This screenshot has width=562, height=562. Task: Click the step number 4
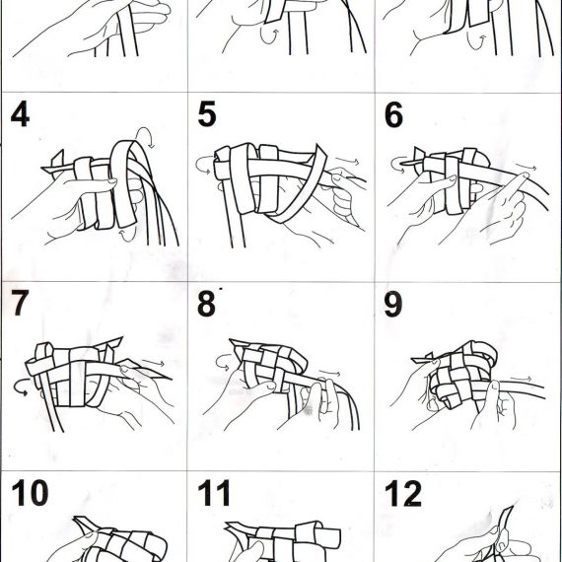point(20,114)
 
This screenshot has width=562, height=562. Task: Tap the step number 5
point(207,114)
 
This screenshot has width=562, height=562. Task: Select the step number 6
point(393,114)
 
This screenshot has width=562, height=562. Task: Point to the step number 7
point(20,303)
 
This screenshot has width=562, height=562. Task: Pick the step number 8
point(206,304)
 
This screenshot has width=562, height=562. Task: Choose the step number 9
point(392,304)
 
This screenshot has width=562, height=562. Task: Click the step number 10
point(30,492)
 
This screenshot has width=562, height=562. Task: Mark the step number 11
point(214,493)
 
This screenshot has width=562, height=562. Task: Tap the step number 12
point(403,494)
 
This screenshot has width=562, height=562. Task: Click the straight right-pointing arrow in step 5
point(347,160)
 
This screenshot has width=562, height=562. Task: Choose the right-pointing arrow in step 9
point(522,379)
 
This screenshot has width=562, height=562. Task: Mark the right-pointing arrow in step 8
point(329,373)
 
